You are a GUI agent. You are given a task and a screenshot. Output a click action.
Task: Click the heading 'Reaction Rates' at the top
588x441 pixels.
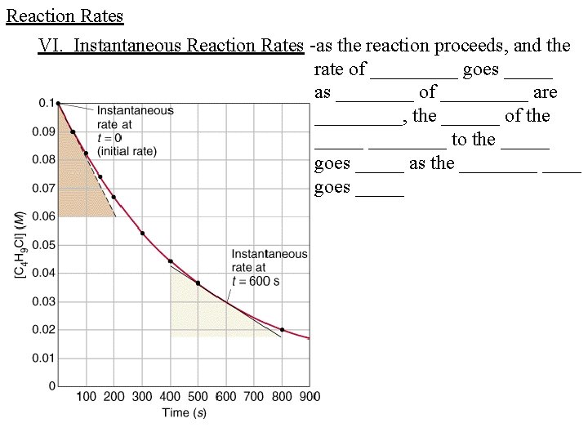[65, 16]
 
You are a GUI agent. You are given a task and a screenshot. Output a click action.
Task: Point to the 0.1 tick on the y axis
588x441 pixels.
[45, 103]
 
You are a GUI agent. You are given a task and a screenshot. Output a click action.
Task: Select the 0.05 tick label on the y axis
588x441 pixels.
[43, 245]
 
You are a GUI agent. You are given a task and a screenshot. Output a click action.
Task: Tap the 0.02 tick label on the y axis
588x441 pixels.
[43, 330]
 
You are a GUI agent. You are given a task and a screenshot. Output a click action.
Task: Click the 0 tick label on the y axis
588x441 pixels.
[52, 386]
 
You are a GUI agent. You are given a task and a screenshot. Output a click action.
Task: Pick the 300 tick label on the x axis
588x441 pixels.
[142, 397]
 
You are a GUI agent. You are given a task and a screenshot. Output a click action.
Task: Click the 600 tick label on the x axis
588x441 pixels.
[226, 397]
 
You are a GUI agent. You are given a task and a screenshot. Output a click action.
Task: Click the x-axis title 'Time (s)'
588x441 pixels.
[184, 413]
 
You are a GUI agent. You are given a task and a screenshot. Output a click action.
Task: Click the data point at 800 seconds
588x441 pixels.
[282, 330]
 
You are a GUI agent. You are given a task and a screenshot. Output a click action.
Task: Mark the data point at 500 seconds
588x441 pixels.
[198, 283]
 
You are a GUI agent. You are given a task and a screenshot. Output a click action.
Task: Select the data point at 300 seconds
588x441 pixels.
[142, 234]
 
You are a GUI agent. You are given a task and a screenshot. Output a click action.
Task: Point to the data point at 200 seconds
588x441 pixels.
[114, 197]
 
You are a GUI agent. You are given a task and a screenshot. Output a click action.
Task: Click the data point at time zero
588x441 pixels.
[58, 103]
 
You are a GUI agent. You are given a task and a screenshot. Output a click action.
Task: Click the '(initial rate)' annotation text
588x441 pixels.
[127, 152]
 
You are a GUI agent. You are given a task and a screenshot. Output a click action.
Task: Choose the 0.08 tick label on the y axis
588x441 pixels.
[43, 160]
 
